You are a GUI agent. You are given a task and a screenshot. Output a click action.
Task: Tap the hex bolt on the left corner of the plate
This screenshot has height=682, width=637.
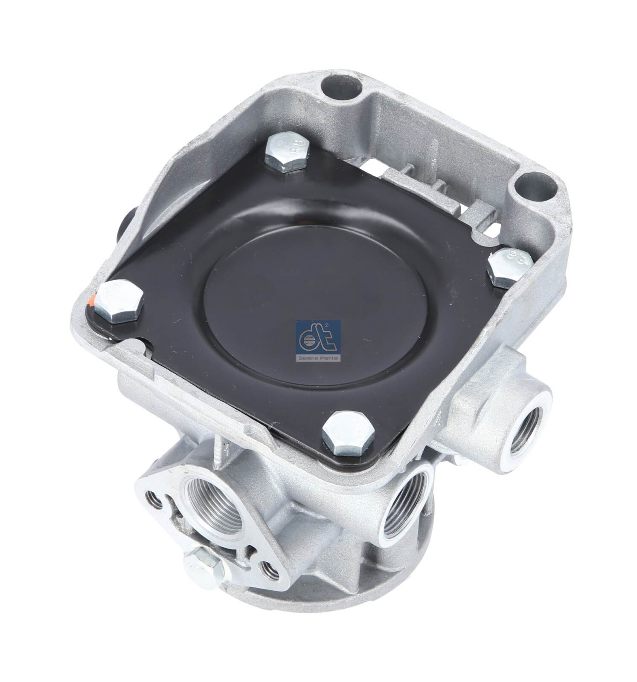tap(118, 301)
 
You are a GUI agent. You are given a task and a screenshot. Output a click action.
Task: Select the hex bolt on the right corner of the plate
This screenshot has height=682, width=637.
tap(509, 267)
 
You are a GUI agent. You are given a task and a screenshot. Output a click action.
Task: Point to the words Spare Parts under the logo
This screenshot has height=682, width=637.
tap(318, 358)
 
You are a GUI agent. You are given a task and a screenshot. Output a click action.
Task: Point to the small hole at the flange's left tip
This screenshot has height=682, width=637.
tap(154, 501)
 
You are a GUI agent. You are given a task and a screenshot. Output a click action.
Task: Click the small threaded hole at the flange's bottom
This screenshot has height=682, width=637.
tap(268, 572)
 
